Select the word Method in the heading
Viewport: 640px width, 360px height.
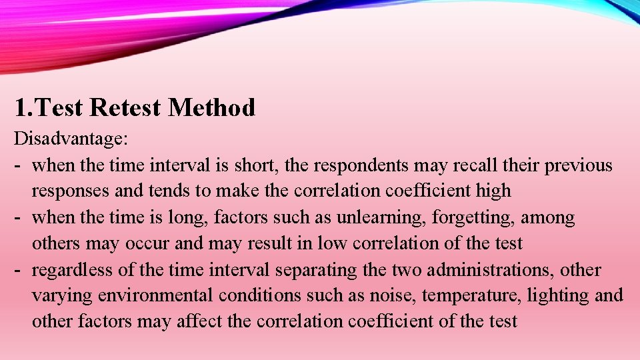[x=212, y=107]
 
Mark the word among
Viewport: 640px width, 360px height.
[x=547, y=217]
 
